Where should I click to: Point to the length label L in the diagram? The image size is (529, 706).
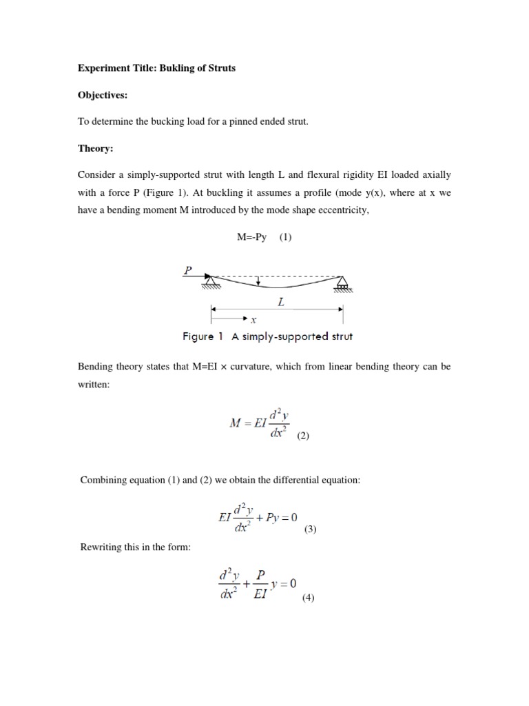pyautogui.click(x=281, y=302)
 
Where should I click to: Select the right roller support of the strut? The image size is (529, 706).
pyautogui.click(x=342, y=283)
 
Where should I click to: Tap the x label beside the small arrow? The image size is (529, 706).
pyautogui.click(x=253, y=320)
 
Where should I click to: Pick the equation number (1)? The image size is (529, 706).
pyautogui.click(x=285, y=237)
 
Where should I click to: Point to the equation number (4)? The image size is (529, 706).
pyautogui.click(x=307, y=598)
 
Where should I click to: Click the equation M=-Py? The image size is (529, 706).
pyautogui.click(x=252, y=237)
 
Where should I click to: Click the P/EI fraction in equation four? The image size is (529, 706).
pyautogui.click(x=261, y=583)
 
